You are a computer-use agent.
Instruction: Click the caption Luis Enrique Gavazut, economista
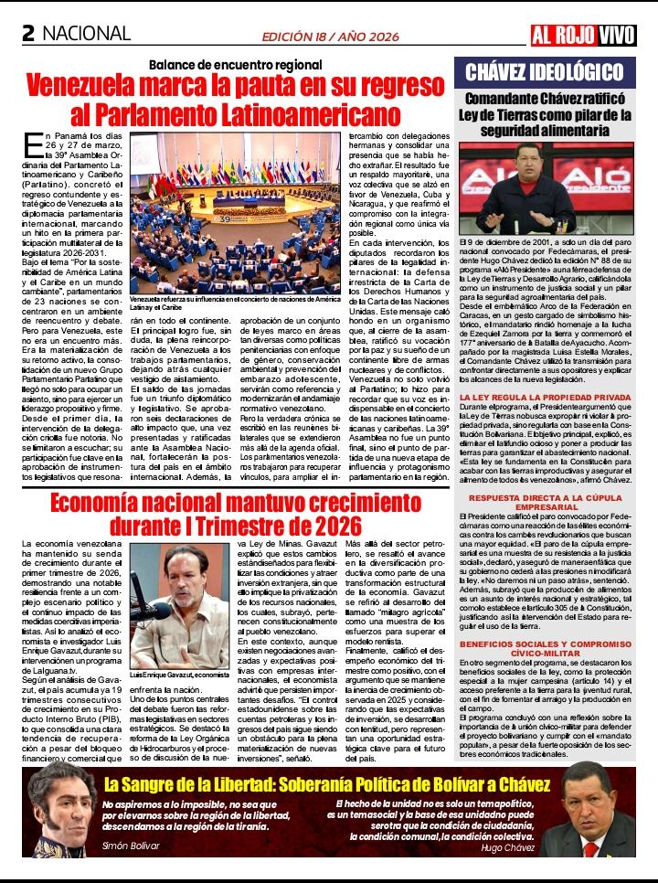point(180,674)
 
